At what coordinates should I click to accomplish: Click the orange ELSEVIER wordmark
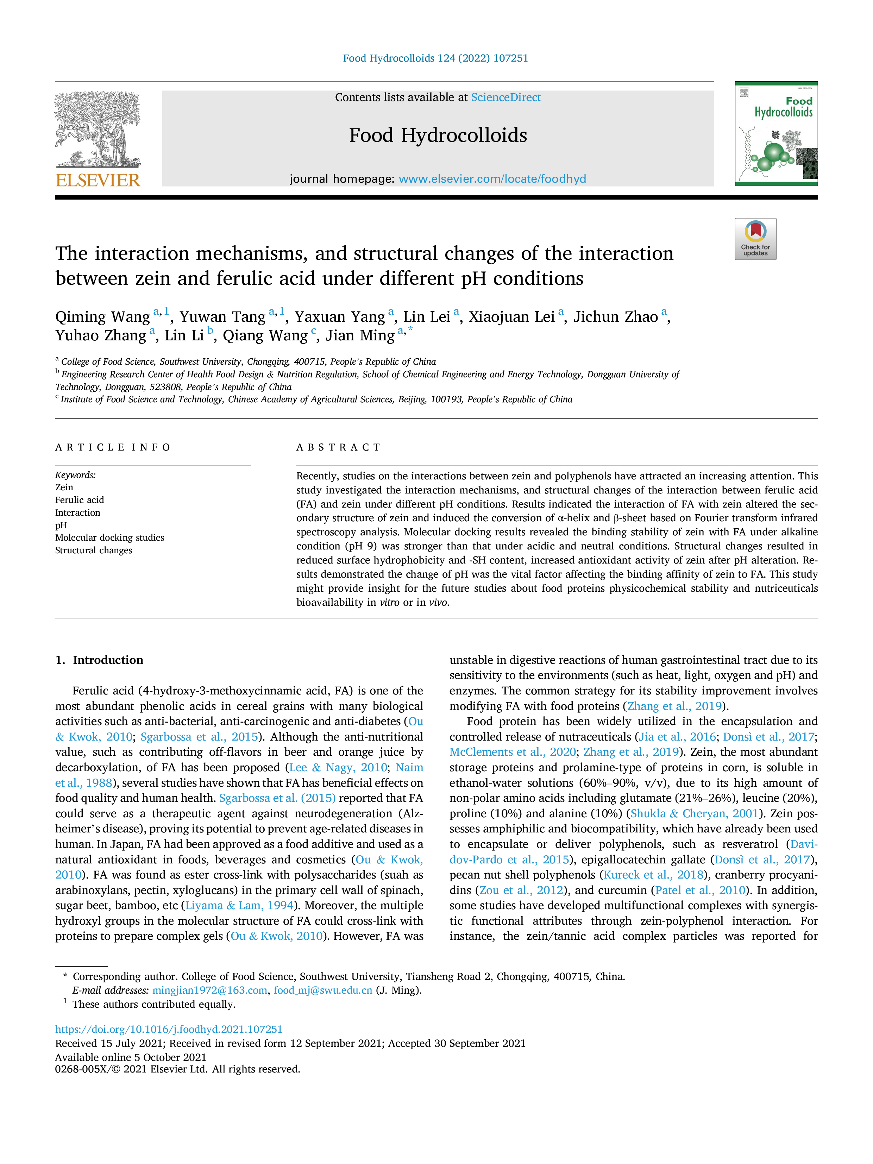coord(98,180)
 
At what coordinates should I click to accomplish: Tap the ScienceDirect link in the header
coord(506,97)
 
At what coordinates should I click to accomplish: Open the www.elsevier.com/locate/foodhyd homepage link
coord(492,179)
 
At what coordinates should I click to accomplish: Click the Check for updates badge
coord(755,239)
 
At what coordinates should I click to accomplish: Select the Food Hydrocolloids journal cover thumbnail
coord(776,134)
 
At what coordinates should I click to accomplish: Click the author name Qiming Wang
coord(103,317)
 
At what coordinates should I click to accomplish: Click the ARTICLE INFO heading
coord(113,447)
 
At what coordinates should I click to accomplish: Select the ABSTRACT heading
coord(338,447)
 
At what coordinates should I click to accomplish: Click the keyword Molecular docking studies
coord(109,537)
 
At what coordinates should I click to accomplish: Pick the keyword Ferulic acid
coord(80,500)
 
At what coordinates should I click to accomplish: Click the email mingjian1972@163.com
coord(209,990)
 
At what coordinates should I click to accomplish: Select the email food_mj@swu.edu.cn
coord(322,990)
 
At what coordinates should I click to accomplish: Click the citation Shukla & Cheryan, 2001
coord(694,813)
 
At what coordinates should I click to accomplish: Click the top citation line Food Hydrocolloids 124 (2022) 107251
coord(436,58)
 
